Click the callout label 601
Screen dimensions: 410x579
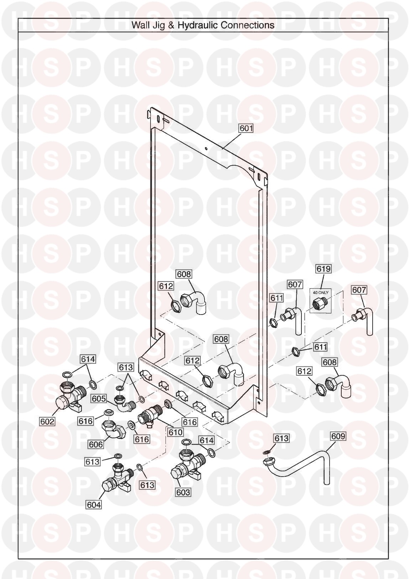point(246,128)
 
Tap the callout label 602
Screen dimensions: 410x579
point(47,422)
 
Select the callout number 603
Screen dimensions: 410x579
point(183,492)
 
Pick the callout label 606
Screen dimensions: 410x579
point(96,444)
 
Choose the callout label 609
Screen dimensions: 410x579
point(338,436)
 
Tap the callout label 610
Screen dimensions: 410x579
point(175,432)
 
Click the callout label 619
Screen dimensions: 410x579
point(324,269)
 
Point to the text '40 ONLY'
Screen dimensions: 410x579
point(321,292)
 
